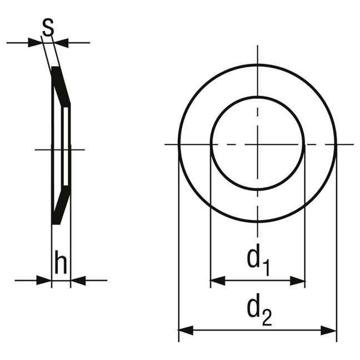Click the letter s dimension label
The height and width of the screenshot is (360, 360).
coord(48,27)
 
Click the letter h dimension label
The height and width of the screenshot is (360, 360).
coord(61,262)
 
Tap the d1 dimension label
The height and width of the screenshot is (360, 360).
coord(258,260)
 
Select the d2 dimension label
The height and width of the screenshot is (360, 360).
coord(259,309)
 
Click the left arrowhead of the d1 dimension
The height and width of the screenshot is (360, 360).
coord(218,281)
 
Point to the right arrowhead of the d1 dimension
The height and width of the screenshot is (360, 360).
coord(298,281)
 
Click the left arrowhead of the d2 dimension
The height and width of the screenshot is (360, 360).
coord(186,331)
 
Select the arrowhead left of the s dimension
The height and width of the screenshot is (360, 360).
coord(35,43)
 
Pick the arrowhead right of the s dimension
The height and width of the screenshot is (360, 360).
coord(61,43)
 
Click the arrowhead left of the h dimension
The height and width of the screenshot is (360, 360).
coord(44,281)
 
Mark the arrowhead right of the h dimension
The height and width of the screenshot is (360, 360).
coord(78,281)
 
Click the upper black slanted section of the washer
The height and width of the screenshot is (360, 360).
coord(61,86)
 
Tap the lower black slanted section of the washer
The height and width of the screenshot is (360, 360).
coord(61,205)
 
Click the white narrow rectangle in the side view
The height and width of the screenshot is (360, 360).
coord(66,146)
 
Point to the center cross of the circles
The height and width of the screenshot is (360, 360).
coord(258,144)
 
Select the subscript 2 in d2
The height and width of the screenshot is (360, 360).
coord(267,318)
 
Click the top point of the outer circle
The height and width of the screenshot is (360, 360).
coord(258,65)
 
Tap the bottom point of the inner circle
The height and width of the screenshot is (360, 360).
coord(258,189)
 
